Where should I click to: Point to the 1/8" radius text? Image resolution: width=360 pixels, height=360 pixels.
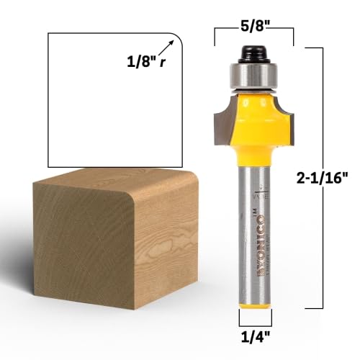(138, 62)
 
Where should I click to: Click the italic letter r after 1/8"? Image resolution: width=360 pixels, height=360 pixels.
(163, 63)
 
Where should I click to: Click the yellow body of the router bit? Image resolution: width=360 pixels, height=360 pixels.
(256, 126)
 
